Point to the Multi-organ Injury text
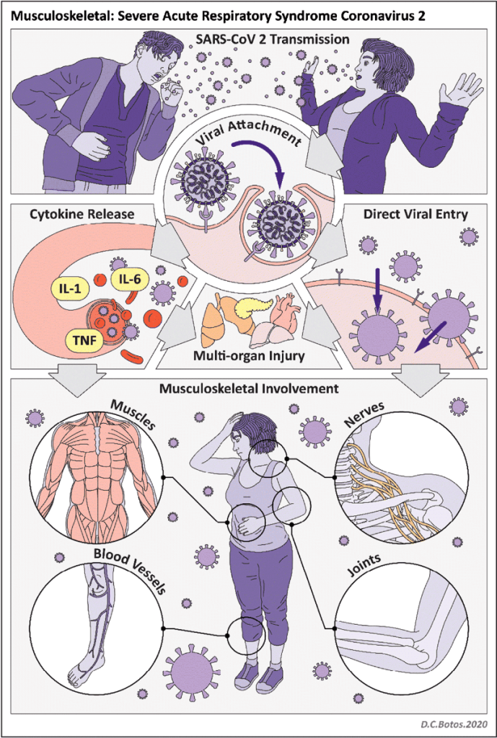coord(248,355)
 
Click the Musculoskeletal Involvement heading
coord(248,388)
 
